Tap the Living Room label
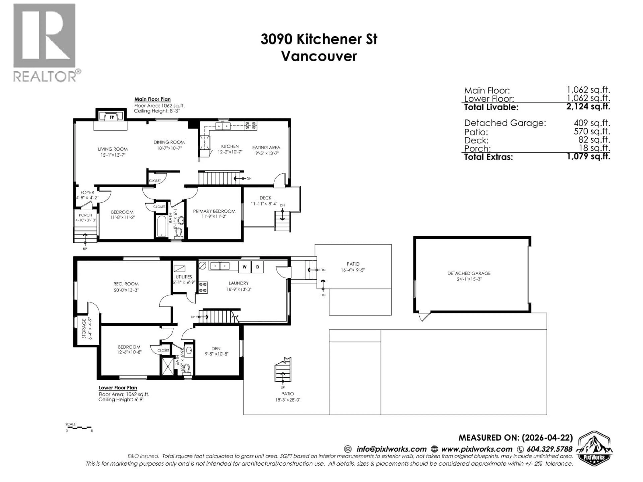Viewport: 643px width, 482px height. coord(113,149)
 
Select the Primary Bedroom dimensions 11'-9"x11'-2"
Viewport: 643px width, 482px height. coord(214,216)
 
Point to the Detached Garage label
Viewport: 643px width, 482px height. coord(469,273)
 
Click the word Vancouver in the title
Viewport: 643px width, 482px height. coord(319,56)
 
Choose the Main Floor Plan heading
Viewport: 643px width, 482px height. coord(152,99)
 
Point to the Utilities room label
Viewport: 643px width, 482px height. coord(184,277)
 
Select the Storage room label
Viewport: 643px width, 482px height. coord(84,328)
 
